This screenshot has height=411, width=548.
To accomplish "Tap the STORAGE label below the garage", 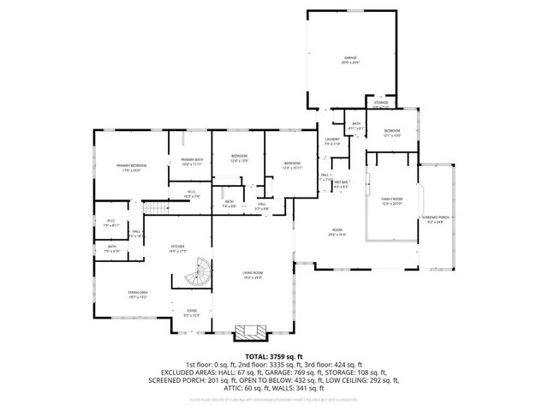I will click(381, 103).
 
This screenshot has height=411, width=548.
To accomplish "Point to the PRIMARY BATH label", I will click(192, 160).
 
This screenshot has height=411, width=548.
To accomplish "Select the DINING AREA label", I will click(139, 293).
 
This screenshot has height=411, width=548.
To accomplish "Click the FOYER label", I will click(192, 310).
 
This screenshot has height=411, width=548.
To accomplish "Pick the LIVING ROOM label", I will click(252, 272).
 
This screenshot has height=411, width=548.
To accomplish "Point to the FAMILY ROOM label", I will click(391, 199).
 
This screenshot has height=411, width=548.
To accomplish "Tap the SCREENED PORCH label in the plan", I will click(436, 217).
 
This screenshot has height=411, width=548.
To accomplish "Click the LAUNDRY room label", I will click(332, 139).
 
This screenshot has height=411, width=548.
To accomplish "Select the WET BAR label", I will click(341, 182).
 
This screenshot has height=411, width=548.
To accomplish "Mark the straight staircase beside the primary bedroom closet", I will click(152, 209).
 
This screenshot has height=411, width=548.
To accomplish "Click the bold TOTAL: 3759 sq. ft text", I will click(273, 355).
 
